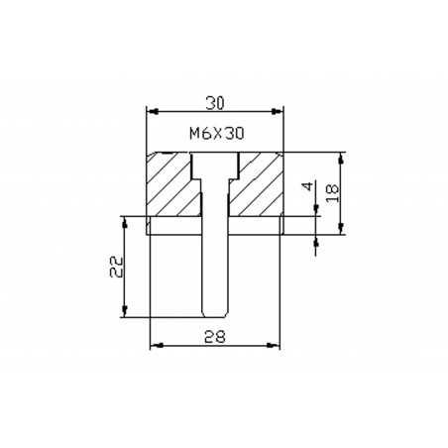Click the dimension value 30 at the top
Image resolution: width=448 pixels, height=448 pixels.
(x=215, y=103)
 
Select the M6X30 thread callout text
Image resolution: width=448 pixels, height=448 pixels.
(x=217, y=134)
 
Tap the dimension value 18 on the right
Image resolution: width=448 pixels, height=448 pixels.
(x=333, y=193)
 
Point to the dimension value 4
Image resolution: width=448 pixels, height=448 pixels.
(x=307, y=186)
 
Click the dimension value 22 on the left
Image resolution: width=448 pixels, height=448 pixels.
(x=117, y=267)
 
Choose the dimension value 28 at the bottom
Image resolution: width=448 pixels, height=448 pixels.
(x=215, y=337)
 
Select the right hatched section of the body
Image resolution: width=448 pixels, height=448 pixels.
(x=256, y=184)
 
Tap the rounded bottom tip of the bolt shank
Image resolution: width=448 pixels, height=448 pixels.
(x=215, y=314)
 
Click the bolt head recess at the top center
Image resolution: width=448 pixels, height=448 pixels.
(x=215, y=166)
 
